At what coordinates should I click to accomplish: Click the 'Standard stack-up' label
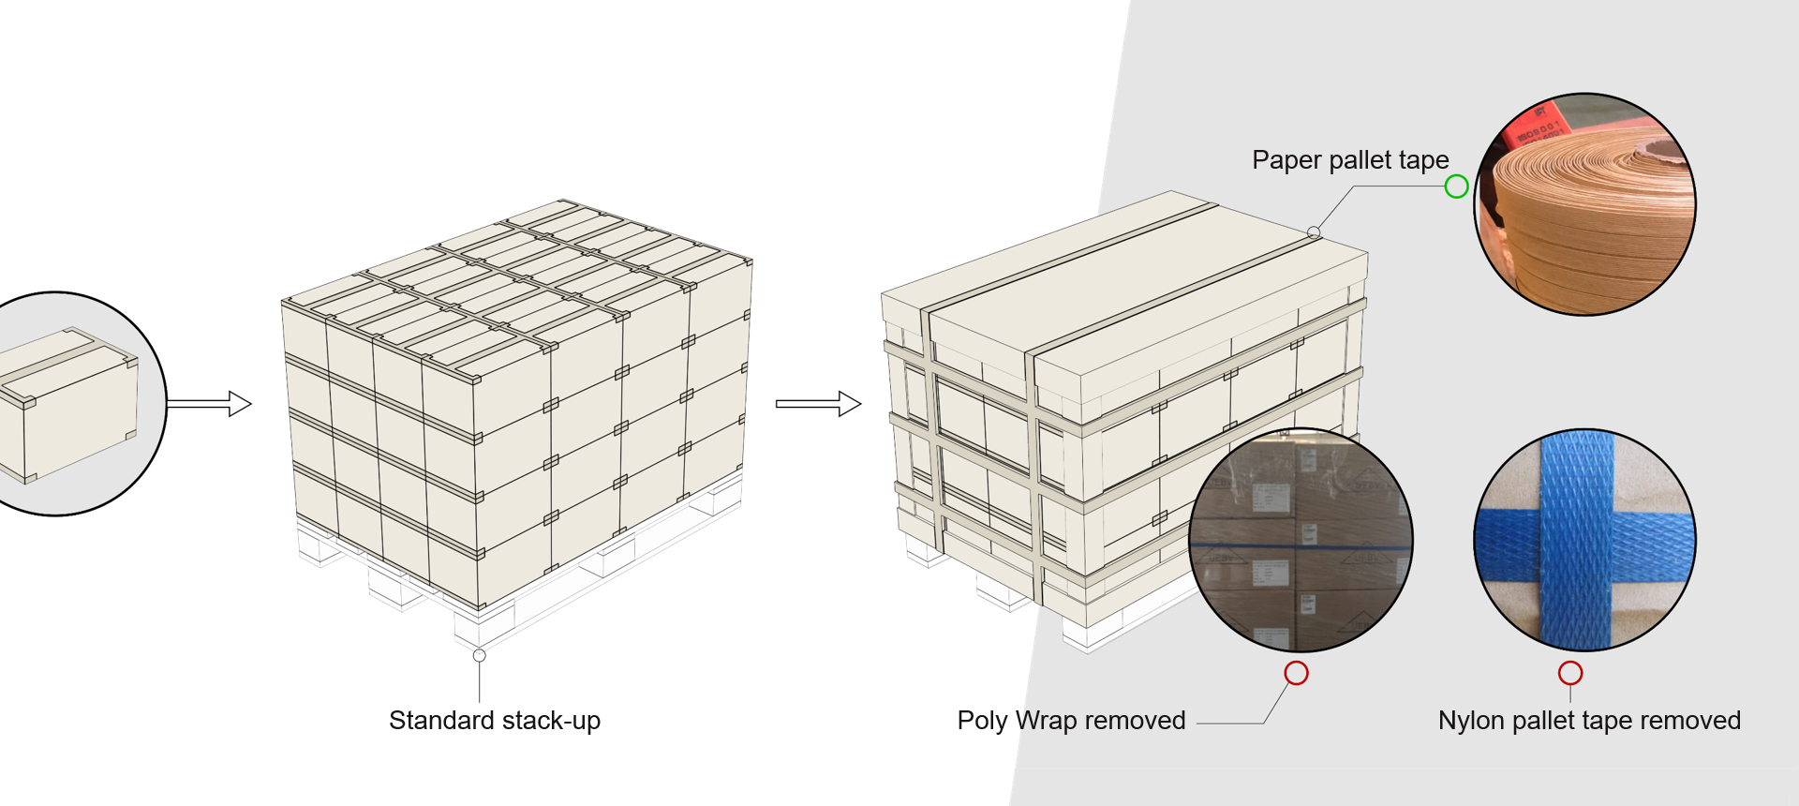[x=494, y=721]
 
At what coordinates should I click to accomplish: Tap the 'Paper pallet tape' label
[x=1349, y=160]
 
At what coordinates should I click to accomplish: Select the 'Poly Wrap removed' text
[x=1071, y=721]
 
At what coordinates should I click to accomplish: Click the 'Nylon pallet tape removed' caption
[x=1589, y=721]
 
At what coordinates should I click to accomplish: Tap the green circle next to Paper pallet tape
[x=1456, y=187]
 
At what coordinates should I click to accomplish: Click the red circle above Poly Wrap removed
[x=1296, y=673]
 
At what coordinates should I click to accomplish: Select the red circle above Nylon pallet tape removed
[x=1570, y=673]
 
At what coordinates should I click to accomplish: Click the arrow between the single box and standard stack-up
[x=209, y=404]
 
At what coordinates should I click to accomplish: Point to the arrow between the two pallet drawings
[x=817, y=404]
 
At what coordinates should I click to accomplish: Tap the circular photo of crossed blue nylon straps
[x=1584, y=540]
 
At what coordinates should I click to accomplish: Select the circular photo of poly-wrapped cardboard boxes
[x=1301, y=540]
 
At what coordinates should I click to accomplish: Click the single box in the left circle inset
[x=66, y=403]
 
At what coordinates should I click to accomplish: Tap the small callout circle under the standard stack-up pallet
[x=479, y=655]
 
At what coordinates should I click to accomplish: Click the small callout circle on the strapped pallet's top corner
[x=1314, y=232]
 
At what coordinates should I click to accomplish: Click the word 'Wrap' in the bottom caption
[x=1047, y=721]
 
